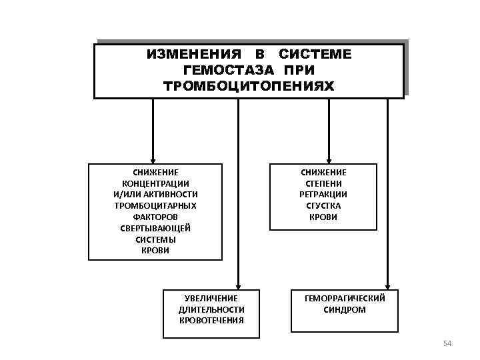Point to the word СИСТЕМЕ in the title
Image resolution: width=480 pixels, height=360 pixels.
(x=315, y=54)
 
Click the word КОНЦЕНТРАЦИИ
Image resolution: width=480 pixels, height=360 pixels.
(x=155, y=183)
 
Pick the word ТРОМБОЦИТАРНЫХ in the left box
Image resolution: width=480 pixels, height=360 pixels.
(x=155, y=205)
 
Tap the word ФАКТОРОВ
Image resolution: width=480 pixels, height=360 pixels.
(x=155, y=217)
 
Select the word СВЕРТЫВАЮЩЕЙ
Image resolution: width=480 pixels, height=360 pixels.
(x=155, y=228)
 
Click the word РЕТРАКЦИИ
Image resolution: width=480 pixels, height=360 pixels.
(x=323, y=194)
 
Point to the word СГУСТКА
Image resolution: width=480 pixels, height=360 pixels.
(x=323, y=205)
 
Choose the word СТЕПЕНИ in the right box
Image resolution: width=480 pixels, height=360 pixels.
(x=323, y=183)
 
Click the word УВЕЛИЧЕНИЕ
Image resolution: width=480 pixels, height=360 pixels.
(x=211, y=298)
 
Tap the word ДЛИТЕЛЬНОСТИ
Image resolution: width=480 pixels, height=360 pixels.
(x=211, y=309)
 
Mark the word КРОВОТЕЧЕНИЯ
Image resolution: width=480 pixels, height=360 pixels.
(x=211, y=320)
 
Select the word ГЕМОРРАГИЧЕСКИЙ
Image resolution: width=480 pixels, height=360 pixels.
(x=345, y=299)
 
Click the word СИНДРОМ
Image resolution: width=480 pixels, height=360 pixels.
(x=345, y=310)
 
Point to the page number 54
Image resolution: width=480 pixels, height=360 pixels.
(x=447, y=343)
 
